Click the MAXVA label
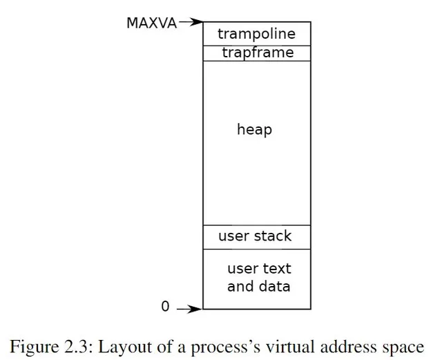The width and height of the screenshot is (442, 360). [152, 23]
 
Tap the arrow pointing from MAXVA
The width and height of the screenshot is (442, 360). [191, 21]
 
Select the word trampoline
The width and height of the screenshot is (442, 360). [256, 35]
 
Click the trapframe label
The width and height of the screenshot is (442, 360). [258, 53]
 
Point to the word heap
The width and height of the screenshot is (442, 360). [255, 130]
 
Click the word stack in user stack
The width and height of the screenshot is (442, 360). [273, 236]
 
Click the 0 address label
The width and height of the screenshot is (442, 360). [165, 306]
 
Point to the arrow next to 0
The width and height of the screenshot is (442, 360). [189, 309]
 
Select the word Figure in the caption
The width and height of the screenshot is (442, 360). [35, 348]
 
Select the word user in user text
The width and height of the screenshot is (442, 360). [243, 269]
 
